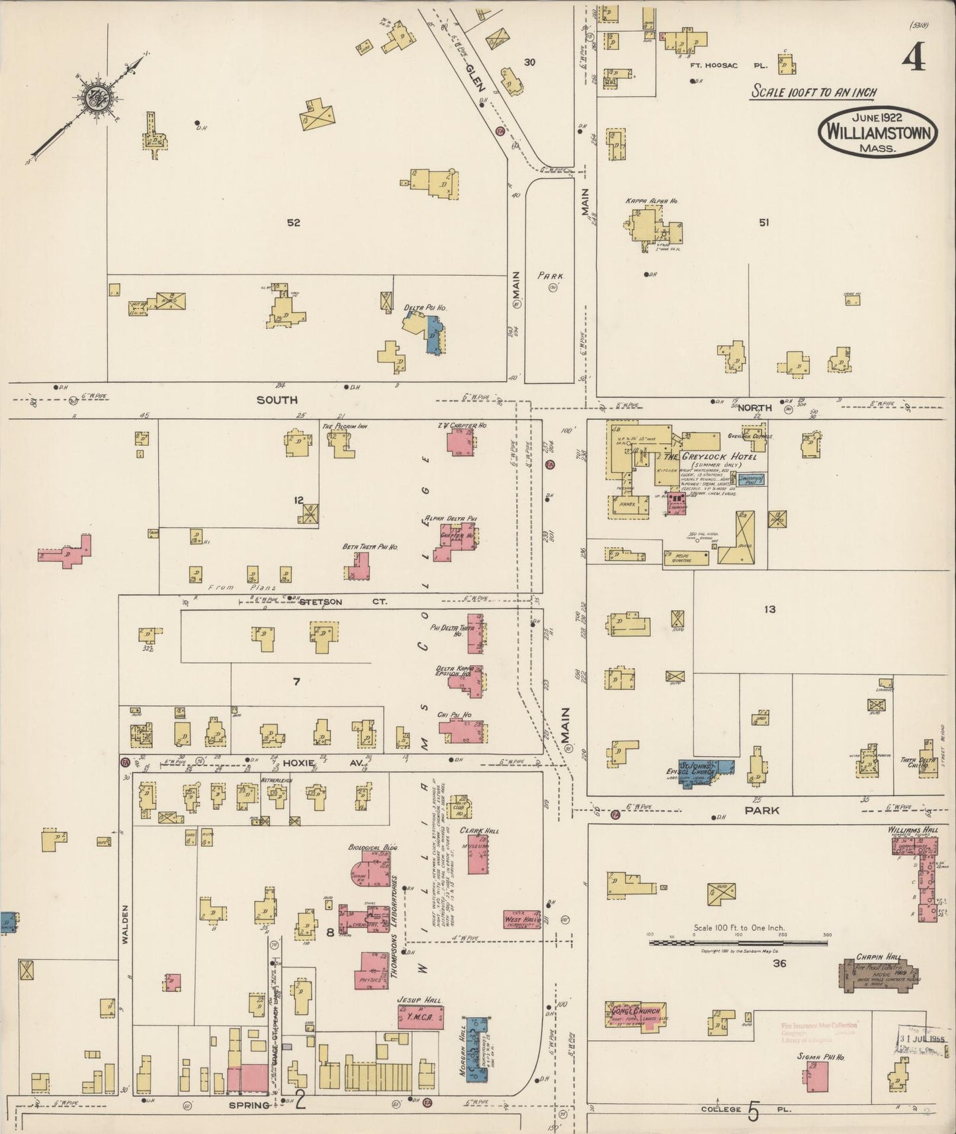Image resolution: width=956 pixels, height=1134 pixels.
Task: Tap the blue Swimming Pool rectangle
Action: coord(752,480)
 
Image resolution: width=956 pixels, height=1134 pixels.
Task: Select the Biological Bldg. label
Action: coord(367,847)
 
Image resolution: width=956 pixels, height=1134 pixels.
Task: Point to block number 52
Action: coord(293,223)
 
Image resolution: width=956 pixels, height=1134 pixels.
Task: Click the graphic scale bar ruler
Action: coord(738,941)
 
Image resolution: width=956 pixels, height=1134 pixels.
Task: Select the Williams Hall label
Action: coord(912,829)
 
